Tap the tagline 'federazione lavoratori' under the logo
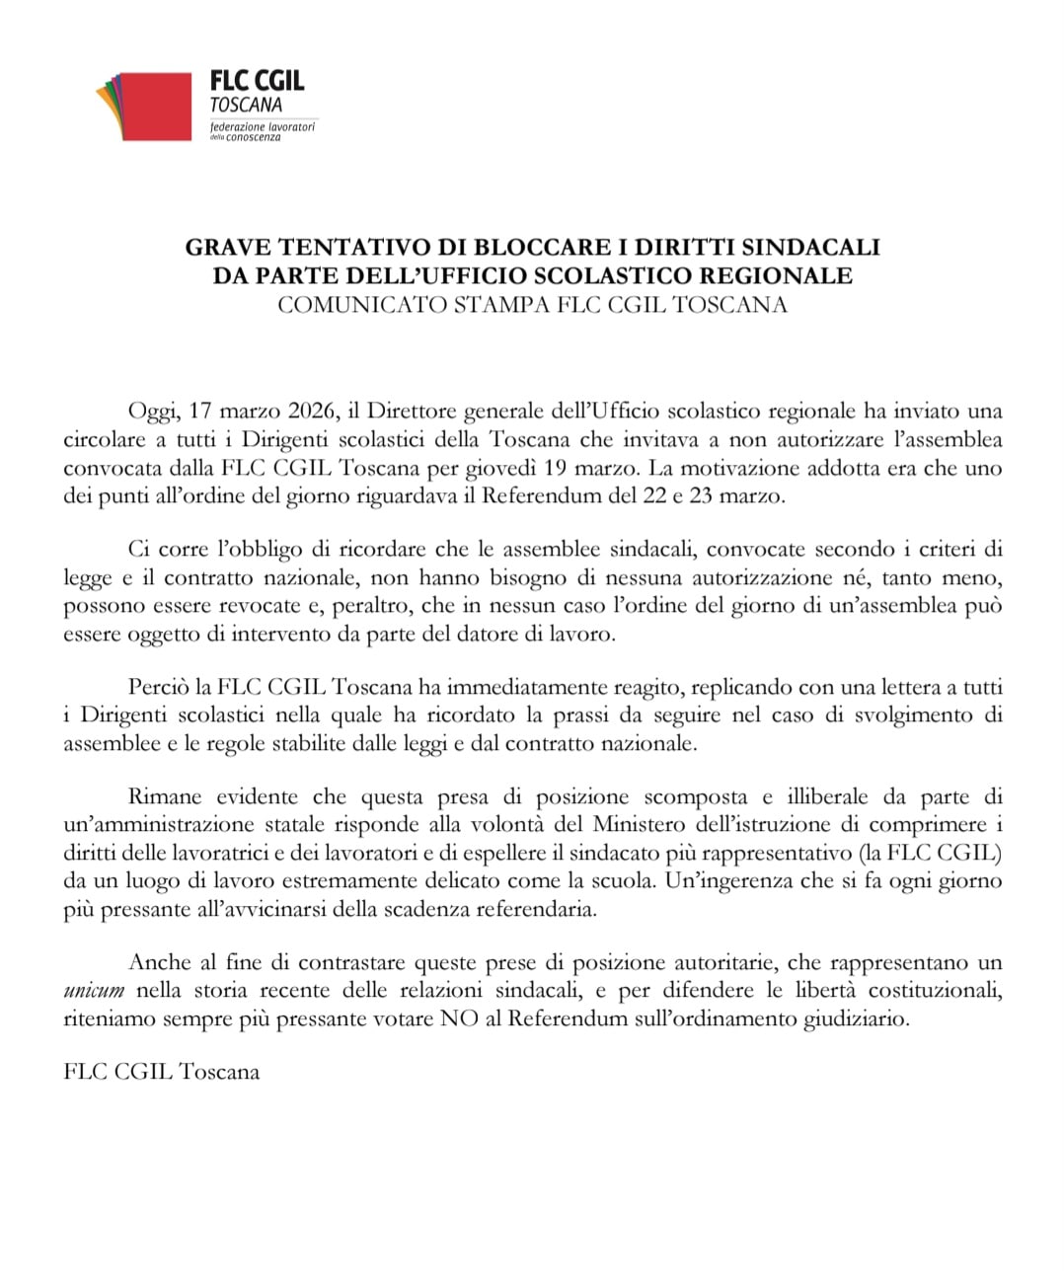[x=263, y=128]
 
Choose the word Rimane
[x=163, y=796]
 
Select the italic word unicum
[x=94, y=991]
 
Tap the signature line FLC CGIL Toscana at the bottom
[x=161, y=1071]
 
